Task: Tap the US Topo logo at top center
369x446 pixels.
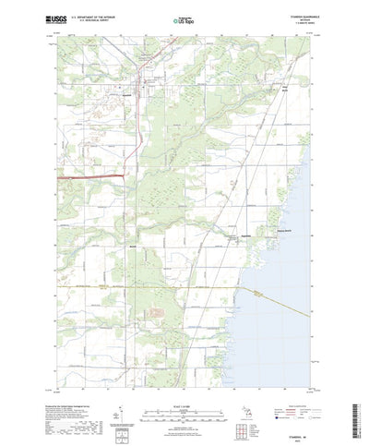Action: click(183, 18)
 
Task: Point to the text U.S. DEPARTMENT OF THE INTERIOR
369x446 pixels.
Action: click(97, 17)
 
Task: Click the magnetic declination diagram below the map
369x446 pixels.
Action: click(125, 406)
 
